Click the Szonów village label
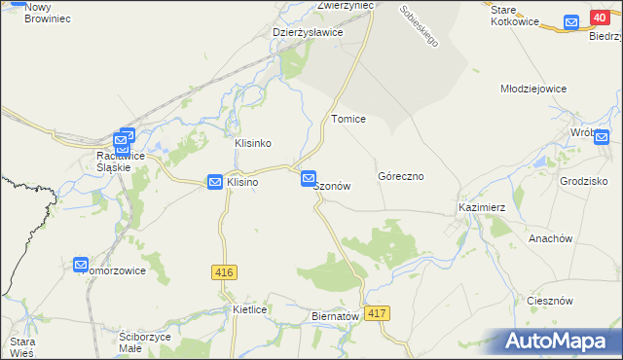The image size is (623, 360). (x=332, y=187)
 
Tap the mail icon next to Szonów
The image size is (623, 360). (x=309, y=178)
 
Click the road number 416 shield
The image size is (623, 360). (x=222, y=274)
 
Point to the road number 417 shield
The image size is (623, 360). (x=379, y=313)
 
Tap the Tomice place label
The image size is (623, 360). (x=348, y=119)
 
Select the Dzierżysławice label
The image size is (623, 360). (x=308, y=32)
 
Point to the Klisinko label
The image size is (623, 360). (x=252, y=143)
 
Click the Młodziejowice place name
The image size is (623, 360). (x=532, y=89)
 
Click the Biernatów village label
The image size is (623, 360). (x=335, y=316)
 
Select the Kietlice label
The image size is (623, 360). (x=250, y=309)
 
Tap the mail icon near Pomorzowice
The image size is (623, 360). (x=81, y=264)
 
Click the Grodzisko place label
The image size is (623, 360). (x=584, y=181)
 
